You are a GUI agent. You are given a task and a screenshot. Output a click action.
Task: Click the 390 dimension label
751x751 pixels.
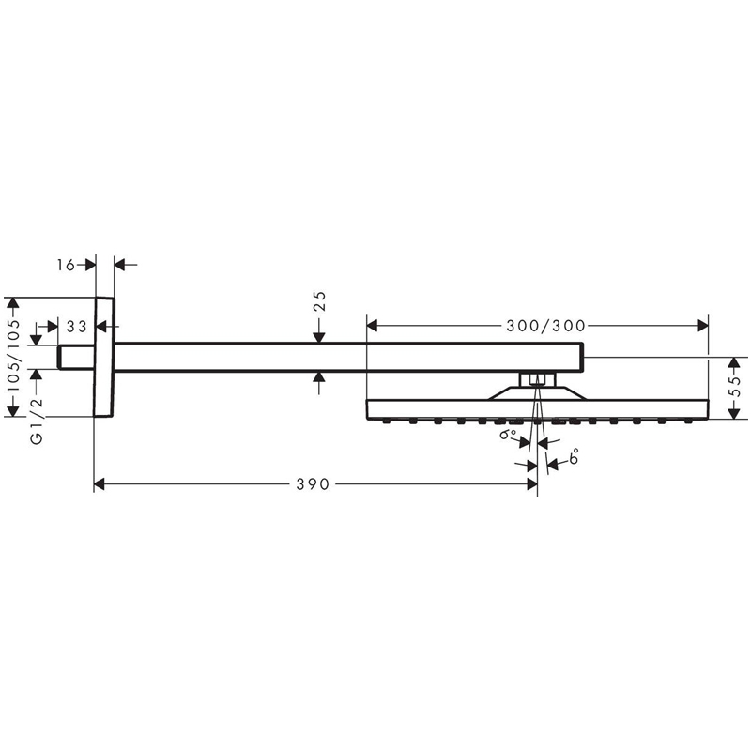pyautogui.click(x=313, y=484)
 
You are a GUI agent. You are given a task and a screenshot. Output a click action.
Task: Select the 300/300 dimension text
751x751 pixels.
pyautogui.click(x=546, y=326)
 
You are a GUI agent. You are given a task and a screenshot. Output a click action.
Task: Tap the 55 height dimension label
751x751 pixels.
pyautogui.click(x=737, y=387)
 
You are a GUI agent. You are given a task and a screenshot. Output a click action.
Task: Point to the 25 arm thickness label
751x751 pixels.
pyautogui.click(x=320, y=300)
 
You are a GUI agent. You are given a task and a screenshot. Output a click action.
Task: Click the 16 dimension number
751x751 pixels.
pyautogui.click(x=66, y=265)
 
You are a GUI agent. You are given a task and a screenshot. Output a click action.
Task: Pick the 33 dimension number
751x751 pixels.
pyautogui.click(x=77, y=327)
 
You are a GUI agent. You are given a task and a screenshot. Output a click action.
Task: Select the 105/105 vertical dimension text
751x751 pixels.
pyautogui.click(x=14, y=355)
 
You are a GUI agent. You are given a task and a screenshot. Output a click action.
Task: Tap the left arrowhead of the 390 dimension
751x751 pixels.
pyautogui.click(x=100, y=484)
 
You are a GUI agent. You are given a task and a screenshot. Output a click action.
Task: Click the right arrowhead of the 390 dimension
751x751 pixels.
pyautogui.click(x=531, y=484)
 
